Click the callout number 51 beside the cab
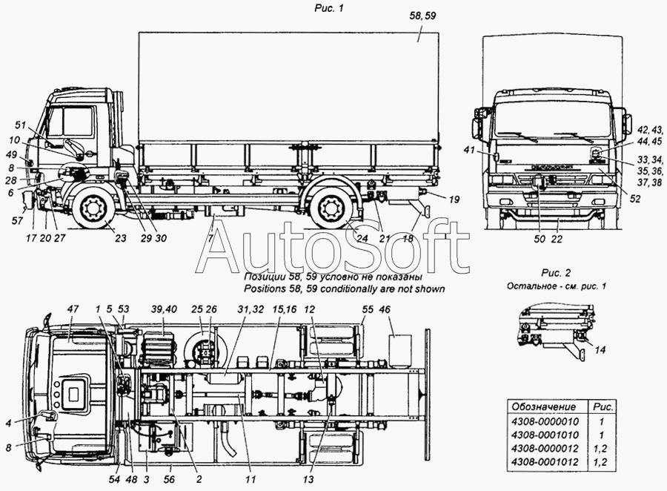click(21, 125)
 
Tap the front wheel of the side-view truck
click(91, 208)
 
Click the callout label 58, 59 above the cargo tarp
click(422, 16)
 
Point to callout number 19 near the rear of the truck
click(454, 199)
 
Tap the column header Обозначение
click(543, 406)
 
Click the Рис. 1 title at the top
click(329, 8)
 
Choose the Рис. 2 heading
click(556, 273)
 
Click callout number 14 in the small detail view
click(600, 350)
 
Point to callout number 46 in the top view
click(385, 309)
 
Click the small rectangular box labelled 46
click(401, 351)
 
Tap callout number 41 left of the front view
click(469, 150)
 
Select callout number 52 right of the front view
click(634, 199)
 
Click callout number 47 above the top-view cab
click(73, 309)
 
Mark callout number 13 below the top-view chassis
click(308, 479)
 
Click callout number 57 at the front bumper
click(17, 220)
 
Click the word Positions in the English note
click(265, 289)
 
